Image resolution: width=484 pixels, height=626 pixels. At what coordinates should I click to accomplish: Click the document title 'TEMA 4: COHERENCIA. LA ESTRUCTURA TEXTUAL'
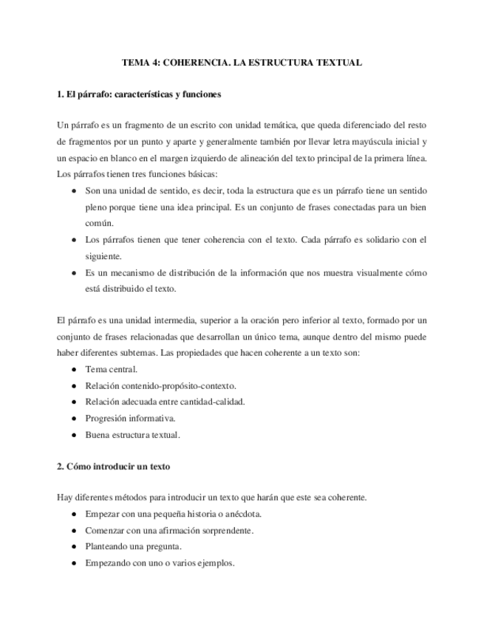242,63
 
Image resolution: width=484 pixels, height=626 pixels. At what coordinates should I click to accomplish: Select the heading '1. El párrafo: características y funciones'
139,95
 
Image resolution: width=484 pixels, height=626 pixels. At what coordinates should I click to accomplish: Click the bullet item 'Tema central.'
112,369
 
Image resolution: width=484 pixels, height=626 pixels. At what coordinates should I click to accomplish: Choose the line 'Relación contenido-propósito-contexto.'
160,385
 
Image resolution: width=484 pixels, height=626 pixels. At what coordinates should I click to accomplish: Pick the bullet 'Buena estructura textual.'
133,435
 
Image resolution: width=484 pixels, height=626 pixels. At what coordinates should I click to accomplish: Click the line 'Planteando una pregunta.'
134,546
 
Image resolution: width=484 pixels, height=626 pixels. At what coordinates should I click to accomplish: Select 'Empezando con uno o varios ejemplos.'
160,563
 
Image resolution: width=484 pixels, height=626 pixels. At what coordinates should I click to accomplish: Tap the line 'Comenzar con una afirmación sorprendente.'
169,530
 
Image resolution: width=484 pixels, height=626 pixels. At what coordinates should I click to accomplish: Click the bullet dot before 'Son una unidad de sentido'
74,190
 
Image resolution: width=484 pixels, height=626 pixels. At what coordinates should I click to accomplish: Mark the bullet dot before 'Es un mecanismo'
74,272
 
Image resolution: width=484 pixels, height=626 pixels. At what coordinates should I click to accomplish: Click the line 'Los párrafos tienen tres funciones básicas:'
137,174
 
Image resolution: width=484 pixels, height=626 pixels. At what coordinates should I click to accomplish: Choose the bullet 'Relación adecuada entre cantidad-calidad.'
165,402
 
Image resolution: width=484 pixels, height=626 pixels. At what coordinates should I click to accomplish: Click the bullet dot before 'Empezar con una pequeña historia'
74,514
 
